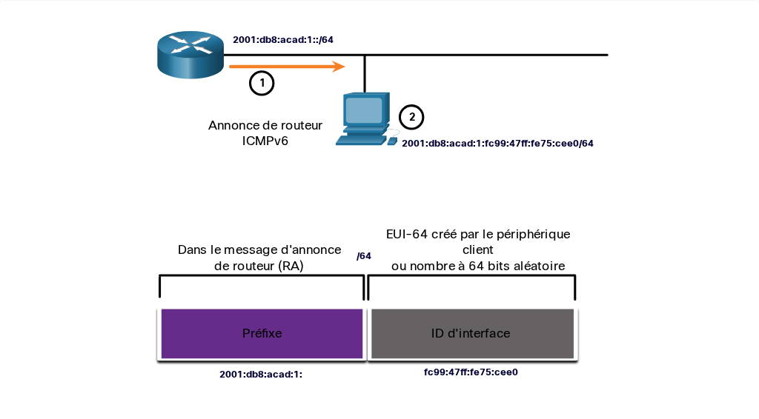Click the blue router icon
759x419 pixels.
[x=190, y=54]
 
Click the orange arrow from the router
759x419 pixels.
[x=287, y=66]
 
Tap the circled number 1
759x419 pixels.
[x=262, y=83]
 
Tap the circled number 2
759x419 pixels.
[x=411, y=117]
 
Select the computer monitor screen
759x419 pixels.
[x=363, y=110]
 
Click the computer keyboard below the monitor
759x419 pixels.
[x=361, y=140]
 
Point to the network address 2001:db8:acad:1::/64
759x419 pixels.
[x=283, y=40]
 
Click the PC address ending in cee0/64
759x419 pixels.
[x=497, y=143]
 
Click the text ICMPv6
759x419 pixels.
[x=265, y=141]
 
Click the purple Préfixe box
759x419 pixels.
[x=262, y=333]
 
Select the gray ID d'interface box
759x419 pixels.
[x=472, y=333]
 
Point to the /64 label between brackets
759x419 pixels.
[x=364, y=256]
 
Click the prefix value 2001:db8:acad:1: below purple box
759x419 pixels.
[x=261, y=374]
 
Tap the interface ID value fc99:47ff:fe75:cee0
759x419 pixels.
[x=471, y=372]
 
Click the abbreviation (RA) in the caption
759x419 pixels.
[x=291, y=266]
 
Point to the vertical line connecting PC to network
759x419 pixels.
[x=365, y=74]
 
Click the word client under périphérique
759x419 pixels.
[x=478, y=250]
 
